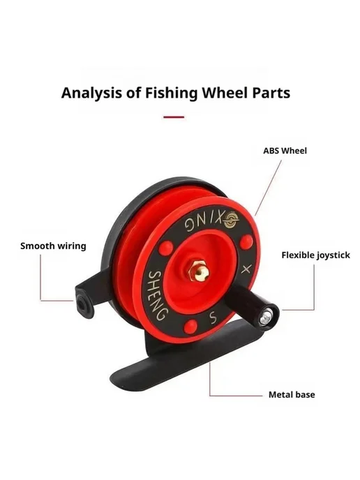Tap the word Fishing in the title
click(x=172, y=93)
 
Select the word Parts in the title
click(x=271, y=93)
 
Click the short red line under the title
click(x=174, y=117)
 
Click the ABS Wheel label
click(x=285, y=151)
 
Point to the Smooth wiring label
click(x=53, y=246)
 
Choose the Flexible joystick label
click(x=315, y=255)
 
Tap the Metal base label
click(x=292, y=395)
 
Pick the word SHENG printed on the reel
click(x=158, y=295)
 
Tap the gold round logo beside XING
click(x=232, y=220)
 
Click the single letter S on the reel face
click(x=212, y=318)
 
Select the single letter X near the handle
click(x=246, y=270)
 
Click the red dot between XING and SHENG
click(x=167, y=248)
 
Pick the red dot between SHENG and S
click(x=190, y=326)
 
